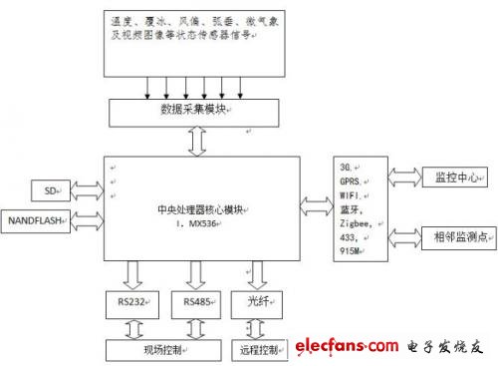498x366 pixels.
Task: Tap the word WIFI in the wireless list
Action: [x=354, y=196]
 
